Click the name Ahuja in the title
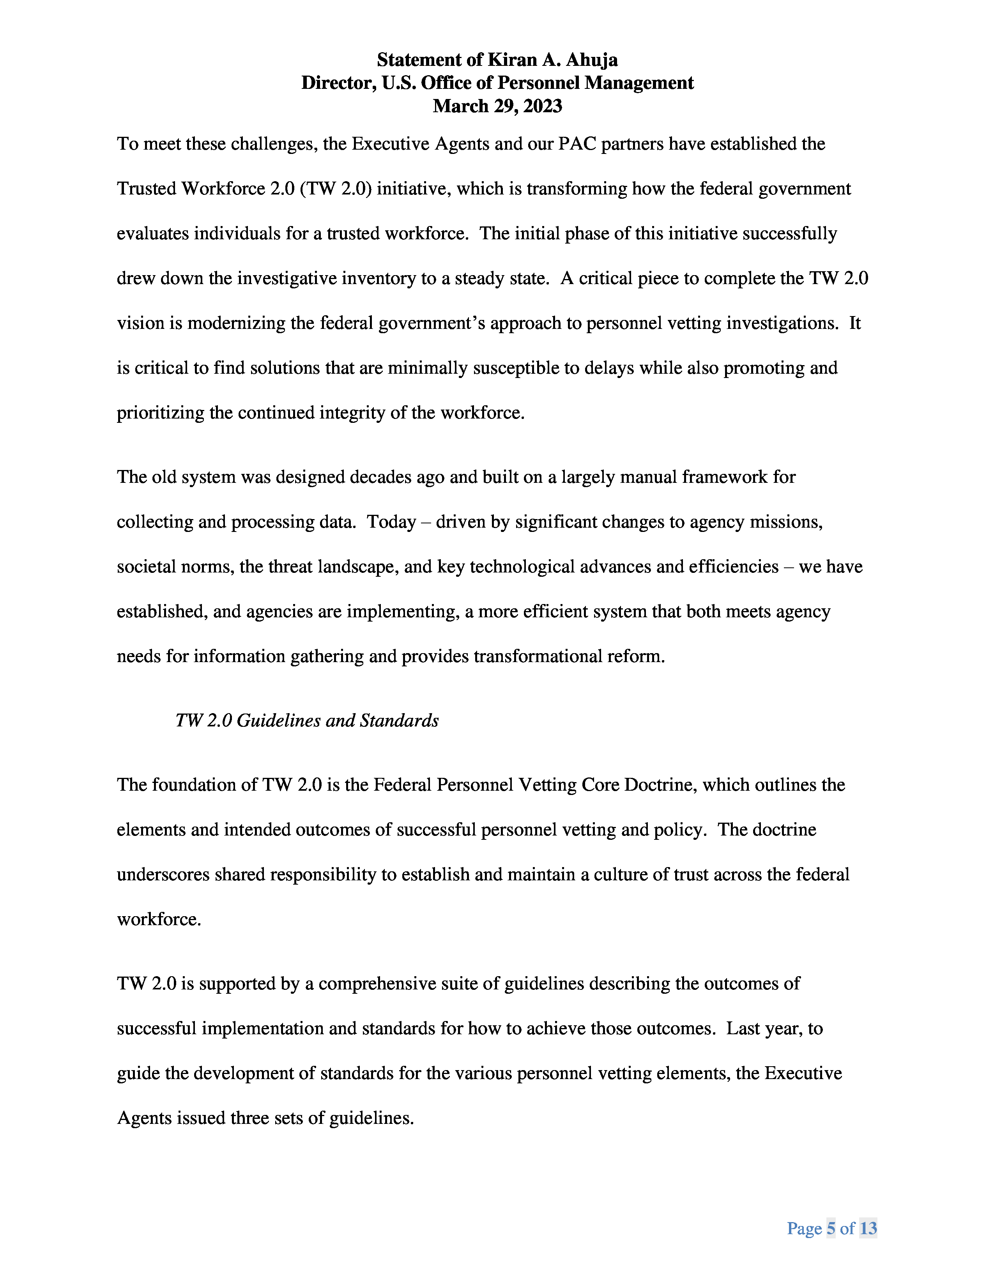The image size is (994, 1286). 592,60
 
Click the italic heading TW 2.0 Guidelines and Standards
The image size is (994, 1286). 307,720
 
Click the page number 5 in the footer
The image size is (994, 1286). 831,1228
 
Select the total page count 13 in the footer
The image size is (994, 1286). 868,1228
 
